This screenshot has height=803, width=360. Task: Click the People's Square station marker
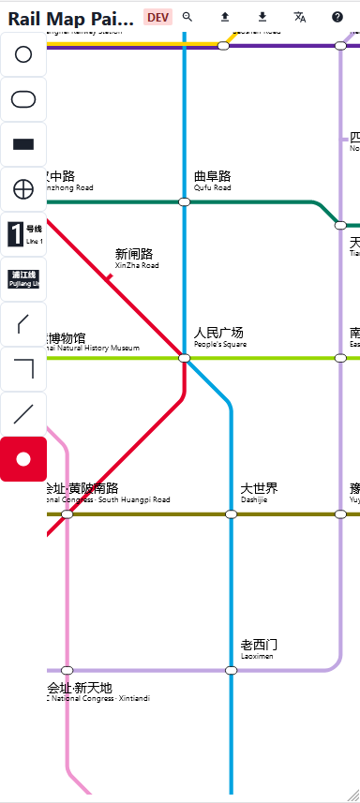click(184, 358)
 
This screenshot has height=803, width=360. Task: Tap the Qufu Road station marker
click(184, 201)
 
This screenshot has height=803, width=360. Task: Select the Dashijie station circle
click(231, 513)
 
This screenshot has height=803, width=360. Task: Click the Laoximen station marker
click(231, 670)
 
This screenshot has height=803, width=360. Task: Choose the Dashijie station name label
click(259, 493)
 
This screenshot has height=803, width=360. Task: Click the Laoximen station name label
click(259, 648)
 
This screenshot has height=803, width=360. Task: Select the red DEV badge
click(158, 17)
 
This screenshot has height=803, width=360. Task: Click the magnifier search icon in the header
click(187, 17)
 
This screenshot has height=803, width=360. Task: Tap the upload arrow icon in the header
click(225, 17)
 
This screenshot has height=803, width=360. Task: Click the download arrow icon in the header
click(262, 17)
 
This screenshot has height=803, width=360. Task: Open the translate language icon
click(300, 17)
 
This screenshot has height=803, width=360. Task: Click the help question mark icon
click(337, 17)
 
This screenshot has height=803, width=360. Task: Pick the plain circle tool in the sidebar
click(23, 54)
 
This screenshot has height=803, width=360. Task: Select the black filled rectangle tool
click(23, 144)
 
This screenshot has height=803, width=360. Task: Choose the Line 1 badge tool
click(23, 234)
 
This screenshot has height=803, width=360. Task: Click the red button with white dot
click(23, 459)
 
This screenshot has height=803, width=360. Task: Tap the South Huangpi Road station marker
click(67, 513)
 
